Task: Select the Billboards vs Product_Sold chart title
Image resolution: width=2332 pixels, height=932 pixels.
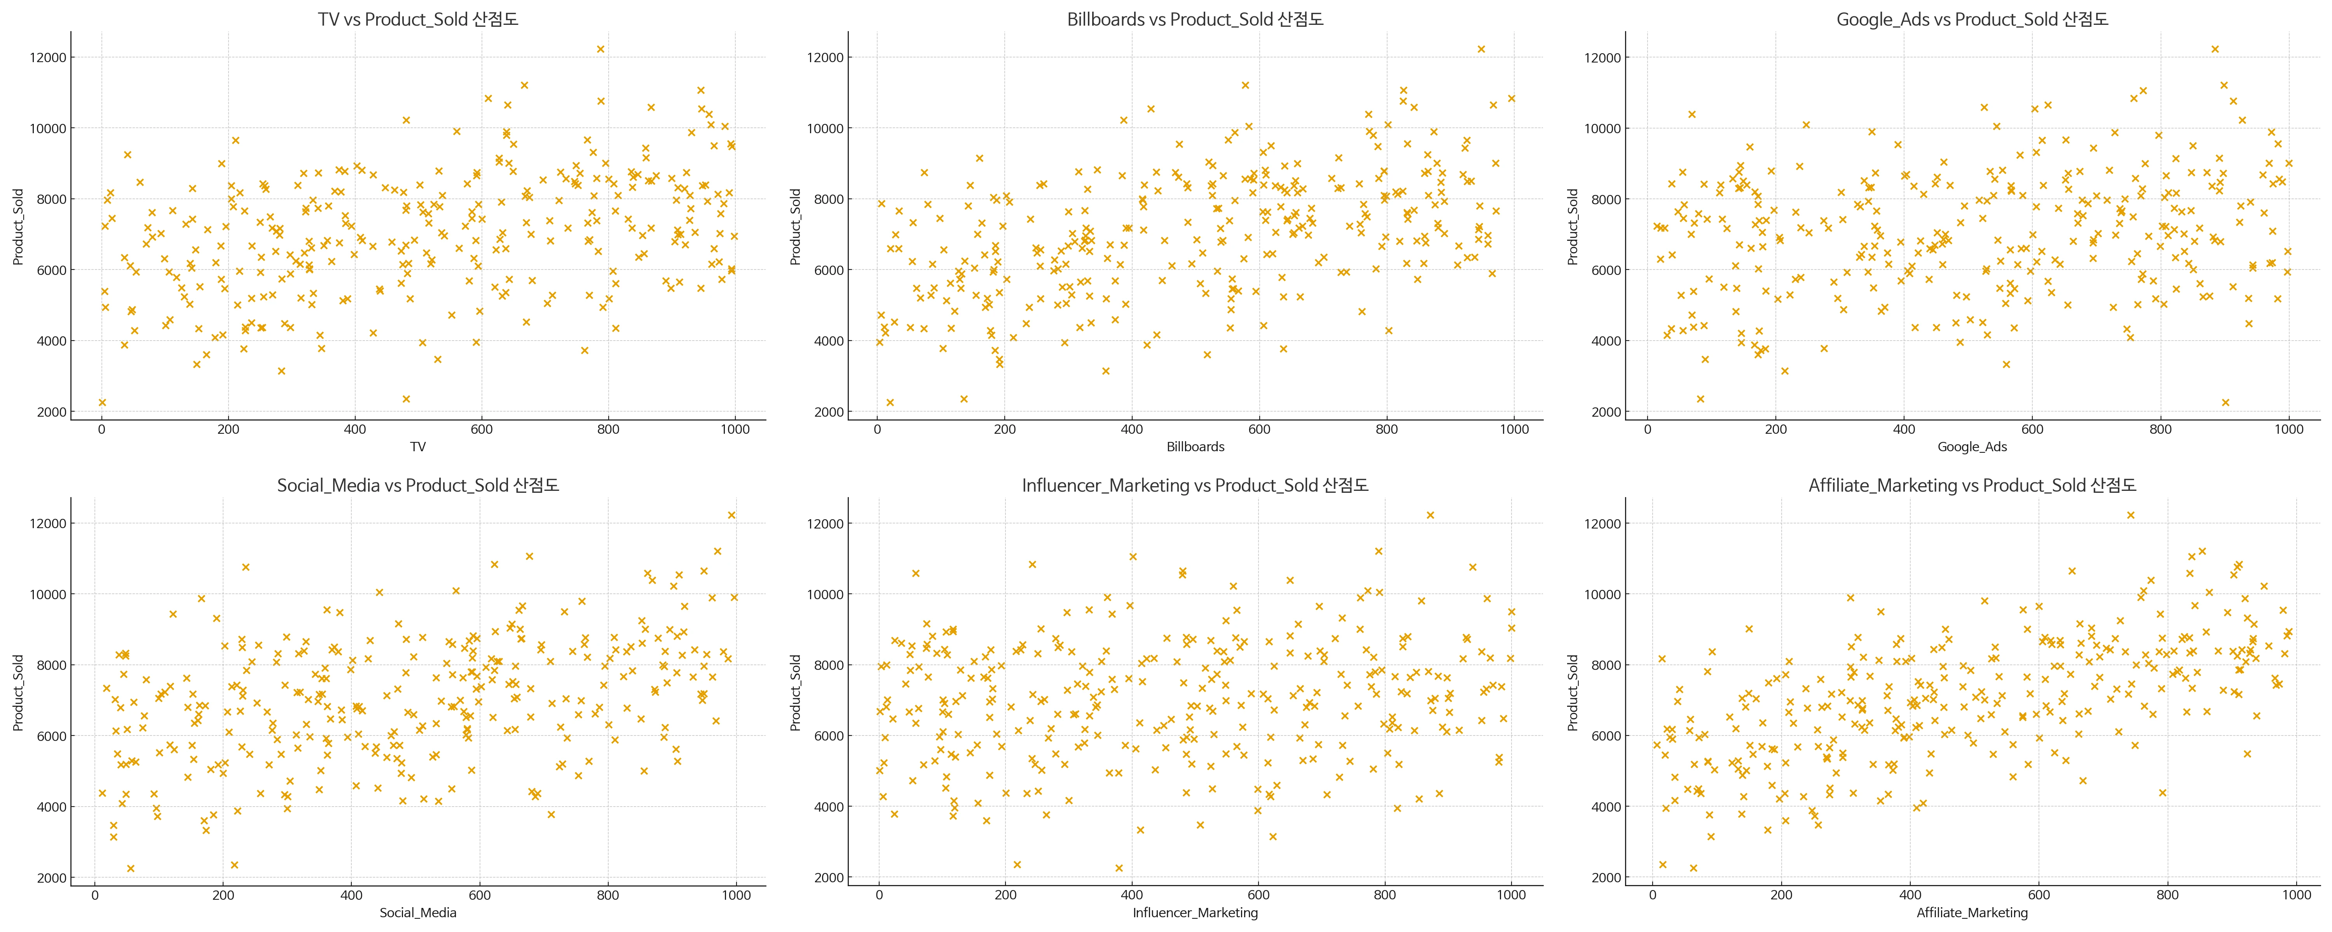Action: click(x=1195, y=19)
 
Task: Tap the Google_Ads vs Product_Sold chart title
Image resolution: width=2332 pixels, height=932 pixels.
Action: click(x=1972, y=19)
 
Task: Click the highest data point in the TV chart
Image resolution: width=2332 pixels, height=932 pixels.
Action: click(x=600, y=49)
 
